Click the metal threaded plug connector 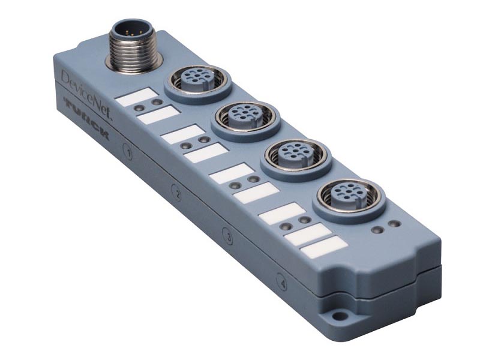pyautogui.click(x=133, y=46)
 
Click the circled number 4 pyautogui.click(x=281, y=280)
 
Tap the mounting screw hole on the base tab pyautogui.click(x=340, y=316)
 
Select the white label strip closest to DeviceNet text pyautogui.click(x=136, y=97)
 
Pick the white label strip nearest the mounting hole pyautogui.click(x=324, y=247)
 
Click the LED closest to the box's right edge pyautogui.click(x=394, y=224)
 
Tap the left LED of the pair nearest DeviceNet pyautogui.click(x=139, y=107)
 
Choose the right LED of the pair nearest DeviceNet pyautogui.click(x=157, y=103)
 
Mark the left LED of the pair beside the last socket pyautogui.click(x=377, y=230)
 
